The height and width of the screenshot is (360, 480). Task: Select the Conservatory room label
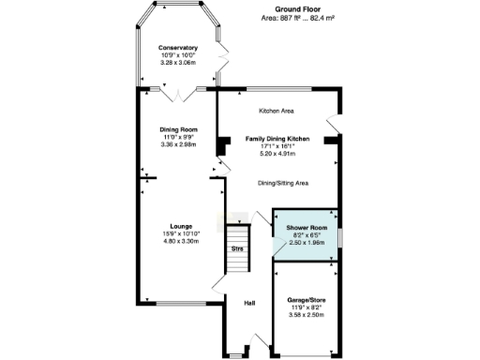click(x=178, y=48)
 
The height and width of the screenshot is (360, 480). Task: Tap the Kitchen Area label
click(x=277, y=111)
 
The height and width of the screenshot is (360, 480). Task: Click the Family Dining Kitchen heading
click(x=277, y=138)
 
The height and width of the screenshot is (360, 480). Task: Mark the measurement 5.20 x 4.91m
click(x=277, y=152)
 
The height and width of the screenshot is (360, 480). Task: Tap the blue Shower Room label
click(x=305, y=228)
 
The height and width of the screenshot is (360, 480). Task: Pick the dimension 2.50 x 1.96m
click(x=305, y=242)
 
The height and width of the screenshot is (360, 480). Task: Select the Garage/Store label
click(x=306, y=301)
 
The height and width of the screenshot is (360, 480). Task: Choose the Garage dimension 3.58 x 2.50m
click(x=306, y=315)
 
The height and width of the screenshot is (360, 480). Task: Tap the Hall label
click(x=249, y=303)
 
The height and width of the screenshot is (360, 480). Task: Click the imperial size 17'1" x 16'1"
click(x=277, y=145)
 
